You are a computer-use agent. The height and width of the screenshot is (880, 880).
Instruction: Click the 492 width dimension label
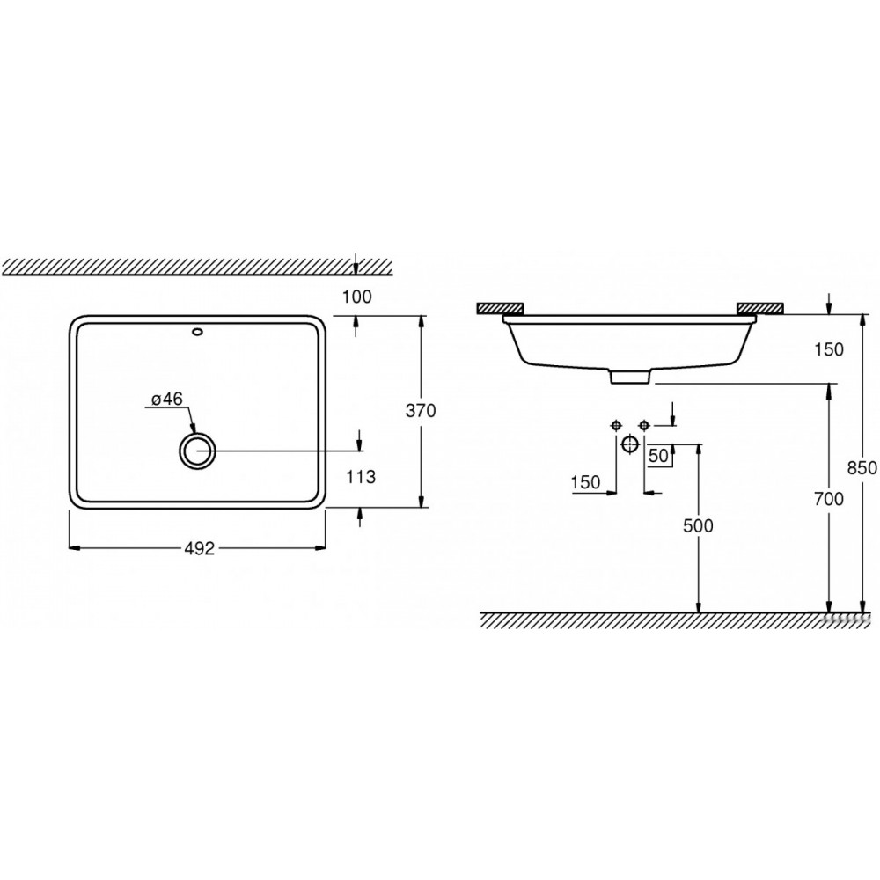pyautogui.click(x=200, y=548)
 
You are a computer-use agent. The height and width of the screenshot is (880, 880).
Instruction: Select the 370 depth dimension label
pyautogui.click(x=421, y=411)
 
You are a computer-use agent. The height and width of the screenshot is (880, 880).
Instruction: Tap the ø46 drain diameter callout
pyautogui.click(x=167, y=399)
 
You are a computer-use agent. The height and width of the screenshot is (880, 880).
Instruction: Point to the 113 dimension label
pyautogui.click(x=361, y=476)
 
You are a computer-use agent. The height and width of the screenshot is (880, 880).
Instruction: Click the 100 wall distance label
pyautogui.click(x=357, y=297)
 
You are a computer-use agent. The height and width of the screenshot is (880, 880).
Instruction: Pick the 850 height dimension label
pyautogui.click(x=862, y=467)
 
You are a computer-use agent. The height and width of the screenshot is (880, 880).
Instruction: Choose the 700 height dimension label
pyautogui.click(x=828, y=498)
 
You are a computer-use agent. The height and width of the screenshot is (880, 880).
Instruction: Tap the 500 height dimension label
pyautogui.click(x=698, y=525)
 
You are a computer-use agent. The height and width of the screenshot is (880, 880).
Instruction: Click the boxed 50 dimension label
pyautogui.click(x=659, y=456)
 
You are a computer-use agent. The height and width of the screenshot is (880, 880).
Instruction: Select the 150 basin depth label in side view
pyautogui.click(x=828, y=349)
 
